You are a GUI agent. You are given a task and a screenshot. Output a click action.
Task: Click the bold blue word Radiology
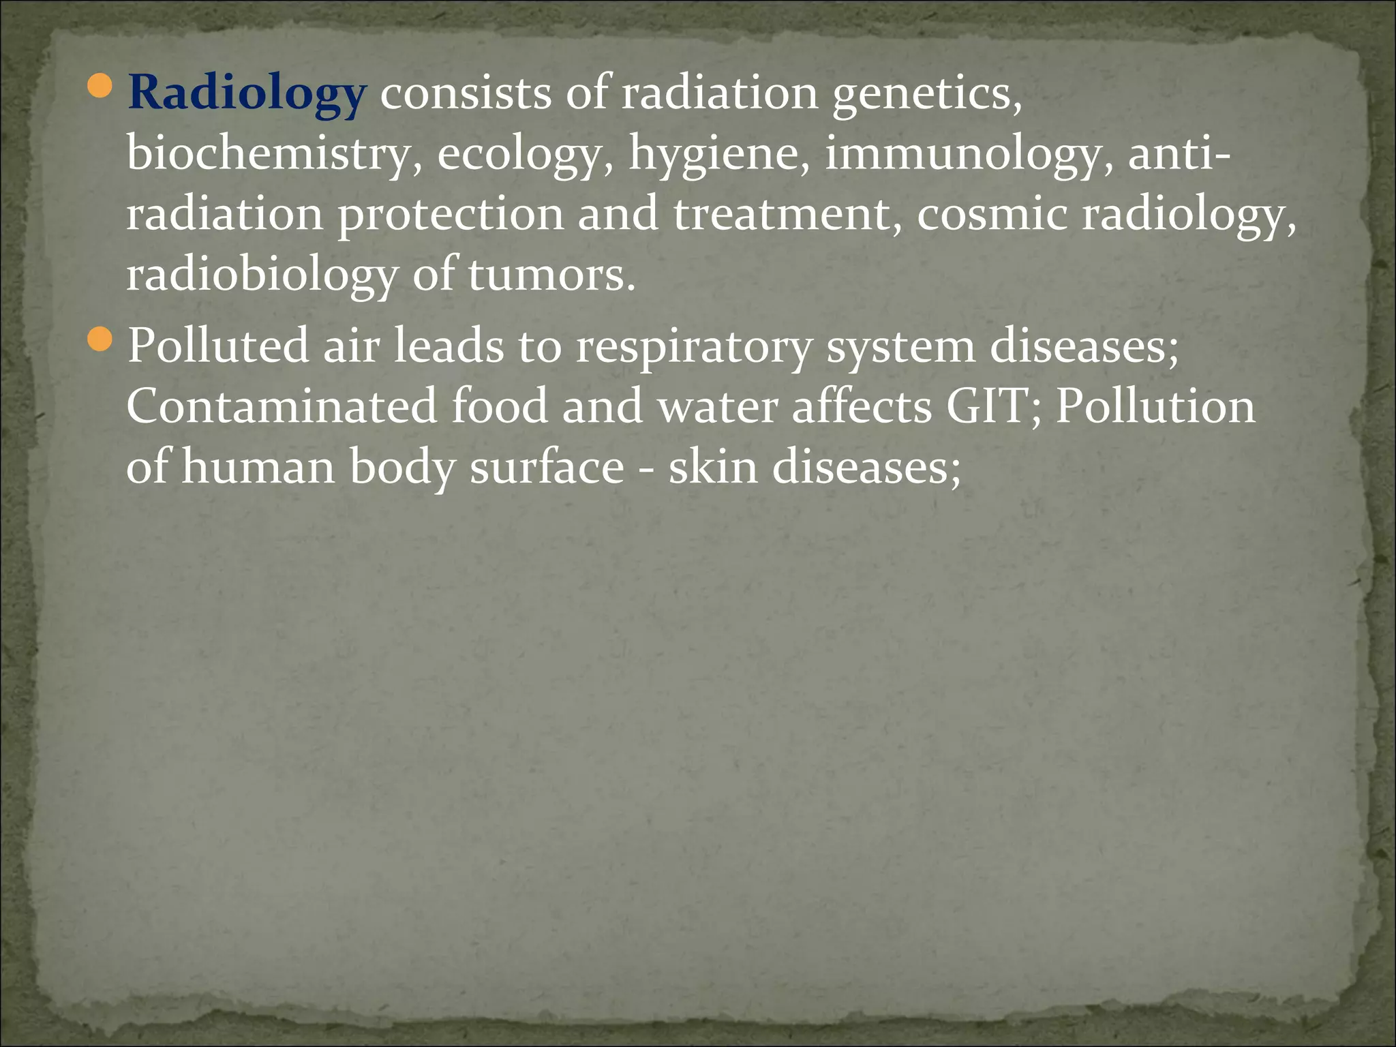pos(247,94)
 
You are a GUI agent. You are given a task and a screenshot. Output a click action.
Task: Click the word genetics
pos(927,94)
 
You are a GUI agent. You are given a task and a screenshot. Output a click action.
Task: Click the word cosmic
pos(991,214)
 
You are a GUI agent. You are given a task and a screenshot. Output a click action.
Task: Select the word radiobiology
pos(262,275)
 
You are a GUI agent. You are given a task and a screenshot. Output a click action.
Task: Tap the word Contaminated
pos(281,406)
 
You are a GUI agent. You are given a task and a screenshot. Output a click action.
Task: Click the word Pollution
pos(1155,406)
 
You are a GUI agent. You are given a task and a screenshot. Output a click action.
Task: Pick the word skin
pos(712,468)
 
